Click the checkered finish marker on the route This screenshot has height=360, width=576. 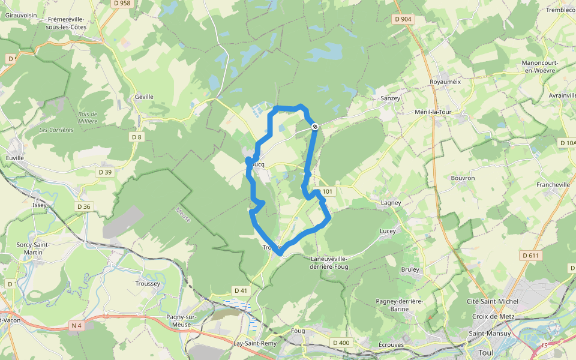(314, 125)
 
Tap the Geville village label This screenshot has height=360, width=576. (144, 97)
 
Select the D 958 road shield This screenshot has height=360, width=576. (121, 4)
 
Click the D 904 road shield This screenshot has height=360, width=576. (403, 19)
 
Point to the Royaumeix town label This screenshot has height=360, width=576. (445, 82)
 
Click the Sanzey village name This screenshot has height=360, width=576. (390, 97)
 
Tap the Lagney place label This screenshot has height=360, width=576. (391, 203)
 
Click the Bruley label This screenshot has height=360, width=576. (410, 269)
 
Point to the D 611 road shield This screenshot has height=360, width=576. (531, 256)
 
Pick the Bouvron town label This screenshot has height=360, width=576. (463, 178)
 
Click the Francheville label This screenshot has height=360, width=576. (553, 185)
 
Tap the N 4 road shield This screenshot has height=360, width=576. (76, 326)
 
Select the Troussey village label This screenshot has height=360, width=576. (148, 283)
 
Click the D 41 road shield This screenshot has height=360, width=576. (241, 290)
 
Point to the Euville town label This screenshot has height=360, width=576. (14, 158)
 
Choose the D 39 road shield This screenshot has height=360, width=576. (105, 172)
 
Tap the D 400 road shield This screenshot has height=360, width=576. (340, 343)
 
